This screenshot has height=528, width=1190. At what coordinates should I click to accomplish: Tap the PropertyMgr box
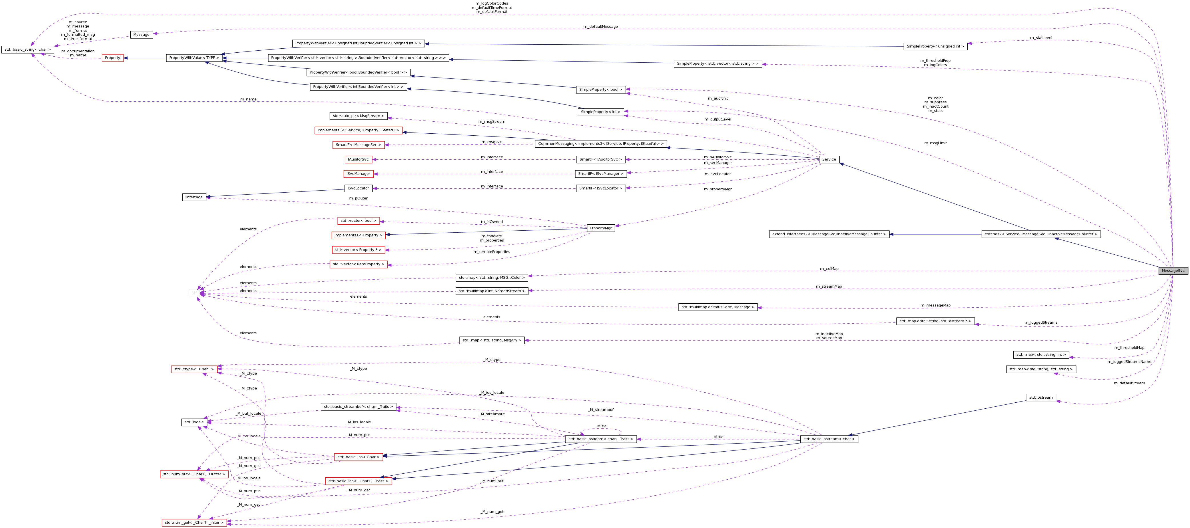click(x=601, y=228)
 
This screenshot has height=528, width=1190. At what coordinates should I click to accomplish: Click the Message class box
click(x=141, y=35)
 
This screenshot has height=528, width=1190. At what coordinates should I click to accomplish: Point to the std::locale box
click(x=194, y=422)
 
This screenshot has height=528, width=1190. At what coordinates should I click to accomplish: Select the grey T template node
click(x=194, y=293)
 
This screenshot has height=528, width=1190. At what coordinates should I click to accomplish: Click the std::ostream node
click(x=1041, y=398)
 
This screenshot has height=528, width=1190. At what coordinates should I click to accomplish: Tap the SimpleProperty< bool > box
click(x=601, y=90)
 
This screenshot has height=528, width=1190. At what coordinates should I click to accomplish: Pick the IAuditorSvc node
click(x=358, y=159)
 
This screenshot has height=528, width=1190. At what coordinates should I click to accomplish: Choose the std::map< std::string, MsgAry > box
click(x=492, y=340)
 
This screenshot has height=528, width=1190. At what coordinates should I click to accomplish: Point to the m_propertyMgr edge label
click(x=717, y=189)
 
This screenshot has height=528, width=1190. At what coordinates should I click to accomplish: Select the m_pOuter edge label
click(x=358, y=198)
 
